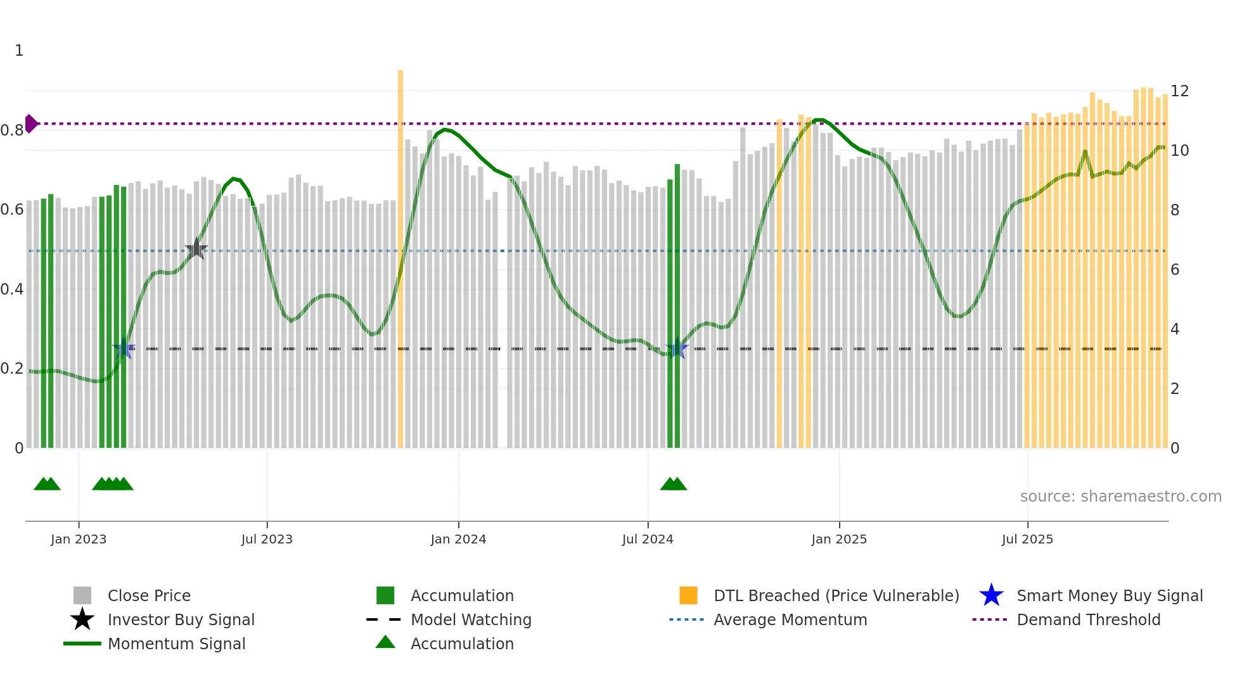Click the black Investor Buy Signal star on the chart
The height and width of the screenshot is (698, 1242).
[x=196, y=249]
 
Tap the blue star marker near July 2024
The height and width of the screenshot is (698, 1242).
[x=677, y=348]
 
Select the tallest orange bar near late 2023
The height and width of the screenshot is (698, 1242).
[x=400, y=253]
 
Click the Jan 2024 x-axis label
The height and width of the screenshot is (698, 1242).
[x=458, y=539]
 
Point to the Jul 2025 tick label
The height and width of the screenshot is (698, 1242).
[x=1027, y=539]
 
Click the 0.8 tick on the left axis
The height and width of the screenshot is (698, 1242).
[x=12, y=130]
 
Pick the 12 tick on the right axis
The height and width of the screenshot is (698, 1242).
[x=1179, y=91]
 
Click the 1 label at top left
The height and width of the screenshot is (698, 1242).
[x=19, y=51]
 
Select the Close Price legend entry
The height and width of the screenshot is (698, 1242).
[x=149, y=595]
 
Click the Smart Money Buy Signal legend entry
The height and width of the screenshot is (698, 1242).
[x=1109, y=595]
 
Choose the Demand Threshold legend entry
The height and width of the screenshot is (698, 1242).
[x=1088, y=619]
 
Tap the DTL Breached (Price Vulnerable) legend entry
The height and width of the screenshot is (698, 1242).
[x=836, y=595]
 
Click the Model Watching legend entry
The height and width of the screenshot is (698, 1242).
[x=470, y=619]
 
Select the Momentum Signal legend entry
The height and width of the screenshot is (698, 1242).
[x=176, y=644]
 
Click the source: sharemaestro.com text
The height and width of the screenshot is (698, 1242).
[x=1120, y=496]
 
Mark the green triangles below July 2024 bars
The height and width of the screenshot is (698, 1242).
[x=674, y=485]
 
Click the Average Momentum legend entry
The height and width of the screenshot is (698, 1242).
[x=790, y=619]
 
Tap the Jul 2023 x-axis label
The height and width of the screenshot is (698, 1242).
[x=267, y=539]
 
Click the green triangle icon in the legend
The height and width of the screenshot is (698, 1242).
[x=385, y=642]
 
